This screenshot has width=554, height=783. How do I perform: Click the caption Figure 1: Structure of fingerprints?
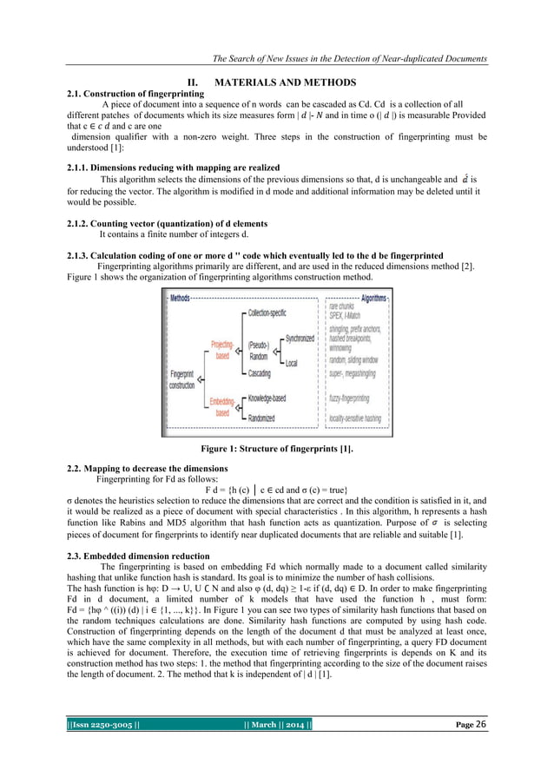point(276,449)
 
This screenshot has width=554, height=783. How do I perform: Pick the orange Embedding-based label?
point(223,406)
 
